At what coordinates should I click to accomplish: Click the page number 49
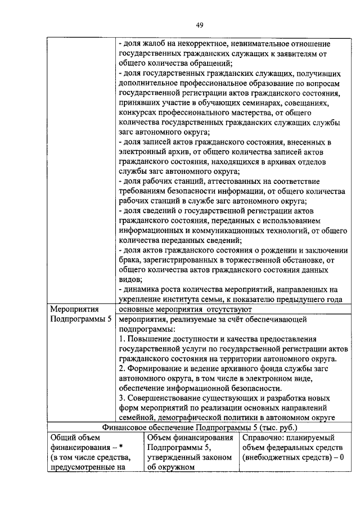(x=199, y=24)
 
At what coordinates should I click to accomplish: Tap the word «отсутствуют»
(x=228, y=309)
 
